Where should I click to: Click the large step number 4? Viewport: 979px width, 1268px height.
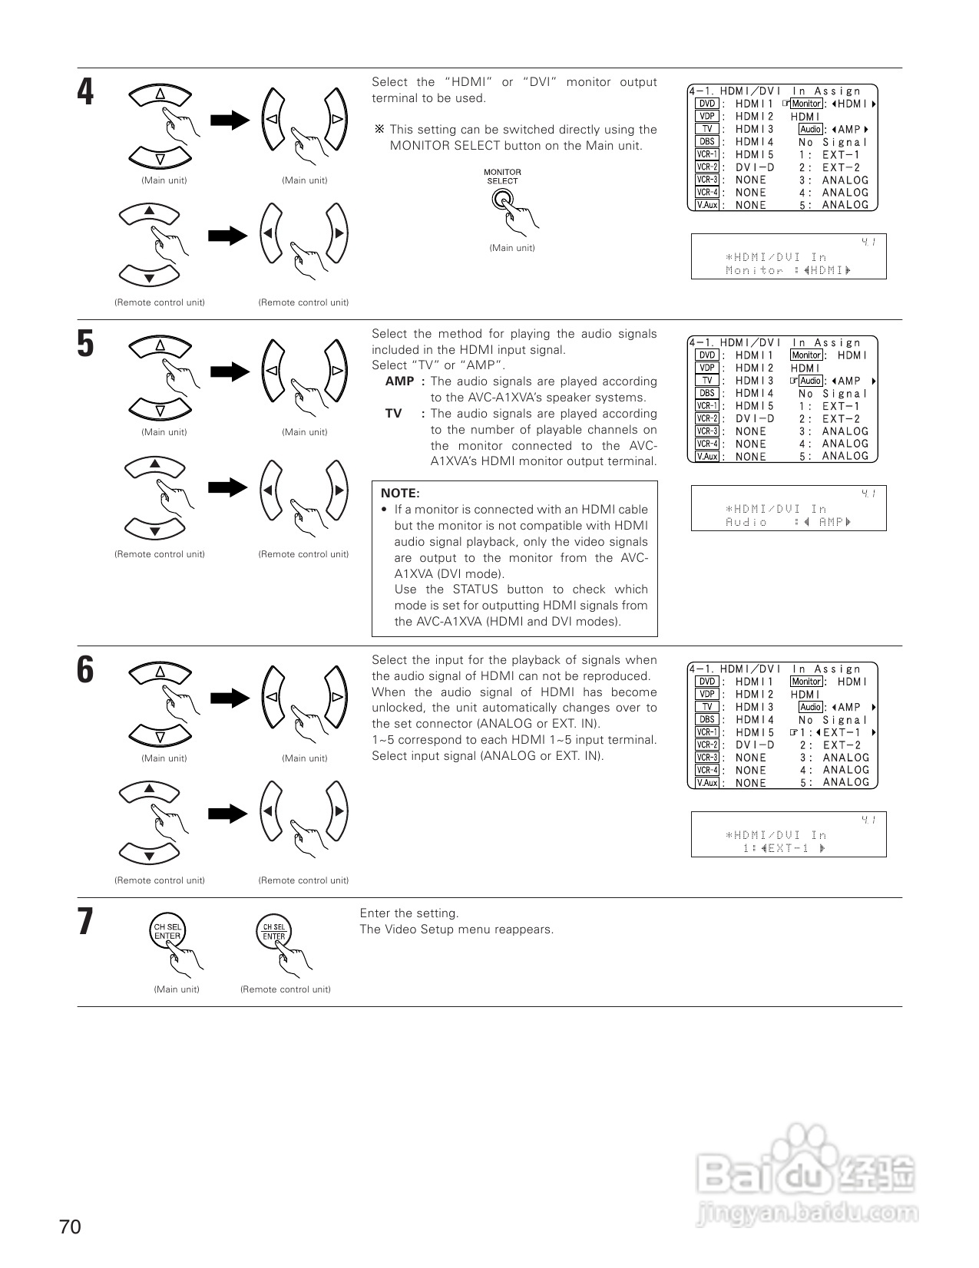coord(86,92)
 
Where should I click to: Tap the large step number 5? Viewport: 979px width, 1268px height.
coord(86,343)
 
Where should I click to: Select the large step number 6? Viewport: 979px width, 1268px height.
coord(86,669)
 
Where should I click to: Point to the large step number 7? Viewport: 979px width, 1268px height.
coord(86,921)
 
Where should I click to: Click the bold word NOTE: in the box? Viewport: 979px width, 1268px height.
coord(400,494)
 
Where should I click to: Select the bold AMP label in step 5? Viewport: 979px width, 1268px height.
coord(399,381)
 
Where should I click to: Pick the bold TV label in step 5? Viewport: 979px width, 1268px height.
coord(393,414)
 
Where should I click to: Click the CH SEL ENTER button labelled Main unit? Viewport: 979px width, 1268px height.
coord(167,932)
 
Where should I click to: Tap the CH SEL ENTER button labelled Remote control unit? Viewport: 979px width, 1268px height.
coord(274,932)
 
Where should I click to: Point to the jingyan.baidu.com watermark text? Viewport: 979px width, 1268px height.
coord(807,1214)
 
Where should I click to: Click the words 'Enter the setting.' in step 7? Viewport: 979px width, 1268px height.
coord(409,913)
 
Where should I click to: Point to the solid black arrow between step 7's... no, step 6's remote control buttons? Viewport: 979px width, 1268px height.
coord(228,812)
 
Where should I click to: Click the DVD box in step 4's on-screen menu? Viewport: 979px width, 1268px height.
coord(706,104)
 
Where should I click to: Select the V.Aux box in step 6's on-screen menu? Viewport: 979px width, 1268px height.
coord(706,783)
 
